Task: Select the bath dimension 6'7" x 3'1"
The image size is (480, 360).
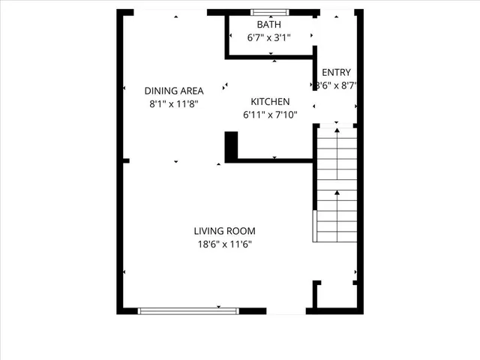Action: click(x=269, y=37)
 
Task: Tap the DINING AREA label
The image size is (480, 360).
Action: click(x=174, y=91)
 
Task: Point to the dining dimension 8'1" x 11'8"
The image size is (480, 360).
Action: click(x=174, y=104)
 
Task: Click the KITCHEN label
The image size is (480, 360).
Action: click(x=270, y=102)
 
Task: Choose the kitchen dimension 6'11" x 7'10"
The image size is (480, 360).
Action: click(x=270, y=115)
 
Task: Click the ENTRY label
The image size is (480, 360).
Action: click(x=336, y=73)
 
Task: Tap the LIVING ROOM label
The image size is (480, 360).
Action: click(x=224, y=231)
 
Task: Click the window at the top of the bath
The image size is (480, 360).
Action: click(x=269, y=12)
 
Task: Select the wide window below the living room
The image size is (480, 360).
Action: click(x=188, y=310)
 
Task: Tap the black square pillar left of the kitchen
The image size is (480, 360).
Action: click(x=231, y=145)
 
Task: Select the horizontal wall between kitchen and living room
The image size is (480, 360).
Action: click(x=274, y=160)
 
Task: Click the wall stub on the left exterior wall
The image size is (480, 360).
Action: click(x=126, y=160)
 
